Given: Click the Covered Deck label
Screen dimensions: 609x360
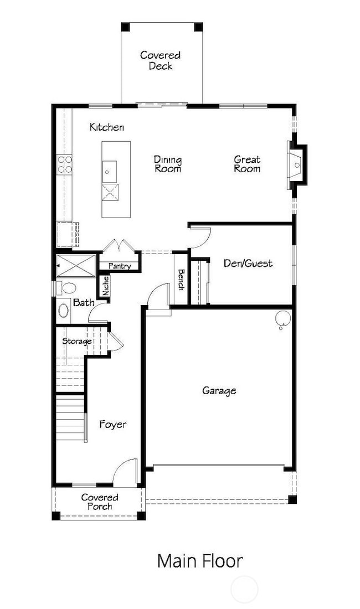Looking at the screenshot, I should click(x=160, y=60).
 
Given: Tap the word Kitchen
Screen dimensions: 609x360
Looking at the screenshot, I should click(x=107, y=127).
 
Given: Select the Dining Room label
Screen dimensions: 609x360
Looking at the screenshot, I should click(x=168, y=164).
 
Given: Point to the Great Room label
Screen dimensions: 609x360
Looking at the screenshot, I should click(x=247, y=164).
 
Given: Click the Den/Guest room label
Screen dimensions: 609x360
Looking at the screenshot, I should click(x=248, y=264).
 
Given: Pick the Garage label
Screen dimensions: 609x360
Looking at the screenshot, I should click(x=219, y=390).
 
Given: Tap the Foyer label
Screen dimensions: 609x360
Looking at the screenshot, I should click(x=112, y=425).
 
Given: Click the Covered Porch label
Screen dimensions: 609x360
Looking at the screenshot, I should click(x=100, y=502).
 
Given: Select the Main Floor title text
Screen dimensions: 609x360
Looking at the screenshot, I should click(x=200, y=561).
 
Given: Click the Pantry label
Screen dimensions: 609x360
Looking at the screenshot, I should click(x=120, y=266).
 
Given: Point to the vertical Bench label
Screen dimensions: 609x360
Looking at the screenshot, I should click(x=181, y=280).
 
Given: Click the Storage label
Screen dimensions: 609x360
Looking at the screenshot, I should click(x=76, y=341).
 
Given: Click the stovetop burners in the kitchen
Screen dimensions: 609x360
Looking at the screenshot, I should click(x=65, y=164).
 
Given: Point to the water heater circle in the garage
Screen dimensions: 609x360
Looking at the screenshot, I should click(x=283, y=318).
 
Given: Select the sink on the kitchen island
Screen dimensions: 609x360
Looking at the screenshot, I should click(x=109, y=172).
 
